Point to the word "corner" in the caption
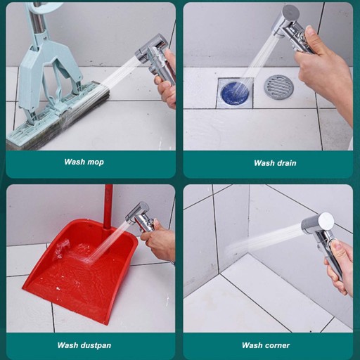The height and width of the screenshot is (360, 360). click(x=276, y=345)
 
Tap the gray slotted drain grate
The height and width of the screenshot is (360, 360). click(x=279, y=86)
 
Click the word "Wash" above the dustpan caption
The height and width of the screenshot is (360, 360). click(x=67, y=345)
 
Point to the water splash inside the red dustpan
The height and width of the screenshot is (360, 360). click(x=61, y=249)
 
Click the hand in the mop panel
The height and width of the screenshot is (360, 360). click(x=167, y=82)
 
